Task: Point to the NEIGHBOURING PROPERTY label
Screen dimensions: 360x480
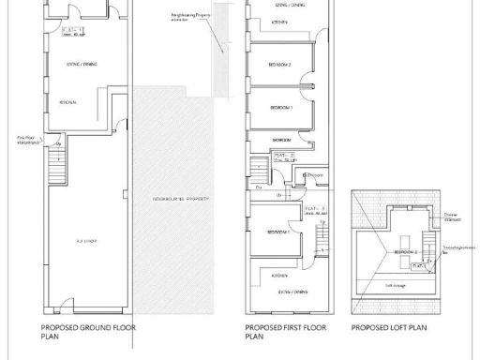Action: point(178,201)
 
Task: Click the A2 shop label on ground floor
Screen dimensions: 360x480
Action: point(88,241)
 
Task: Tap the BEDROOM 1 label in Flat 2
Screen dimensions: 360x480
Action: point(282,108)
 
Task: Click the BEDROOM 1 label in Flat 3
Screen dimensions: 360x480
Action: point(277,232)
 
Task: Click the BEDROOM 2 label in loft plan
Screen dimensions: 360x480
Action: point(405,253)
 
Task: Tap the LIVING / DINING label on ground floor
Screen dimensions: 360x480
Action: point(76,66)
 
